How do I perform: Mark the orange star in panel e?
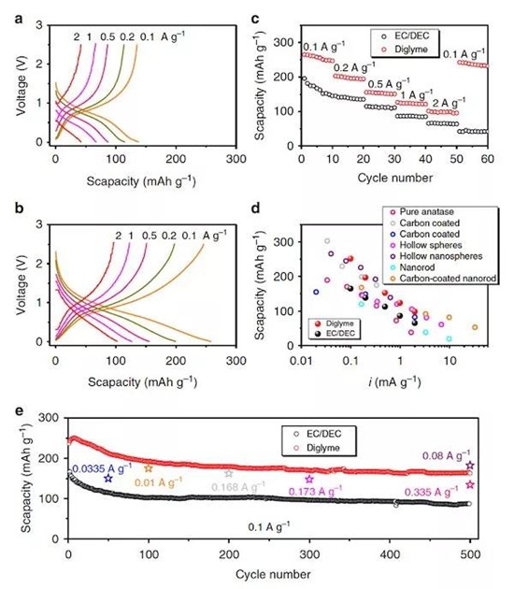pyautogui.click(x=148, y=467)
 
